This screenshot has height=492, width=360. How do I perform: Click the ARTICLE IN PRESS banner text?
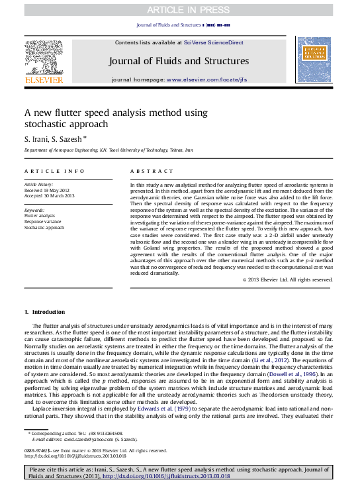pyautogui.click(x=179, y=9)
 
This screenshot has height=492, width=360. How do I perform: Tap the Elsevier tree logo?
pyautogui.click(x=44, y=58)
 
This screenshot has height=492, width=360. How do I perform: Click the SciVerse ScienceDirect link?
pyautogui.click(x=213, y=42)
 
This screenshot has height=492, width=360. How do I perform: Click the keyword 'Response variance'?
pyautogui.click(x=44, y=222)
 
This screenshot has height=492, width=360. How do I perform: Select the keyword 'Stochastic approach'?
pyautogui.click(x=44, y=228)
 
